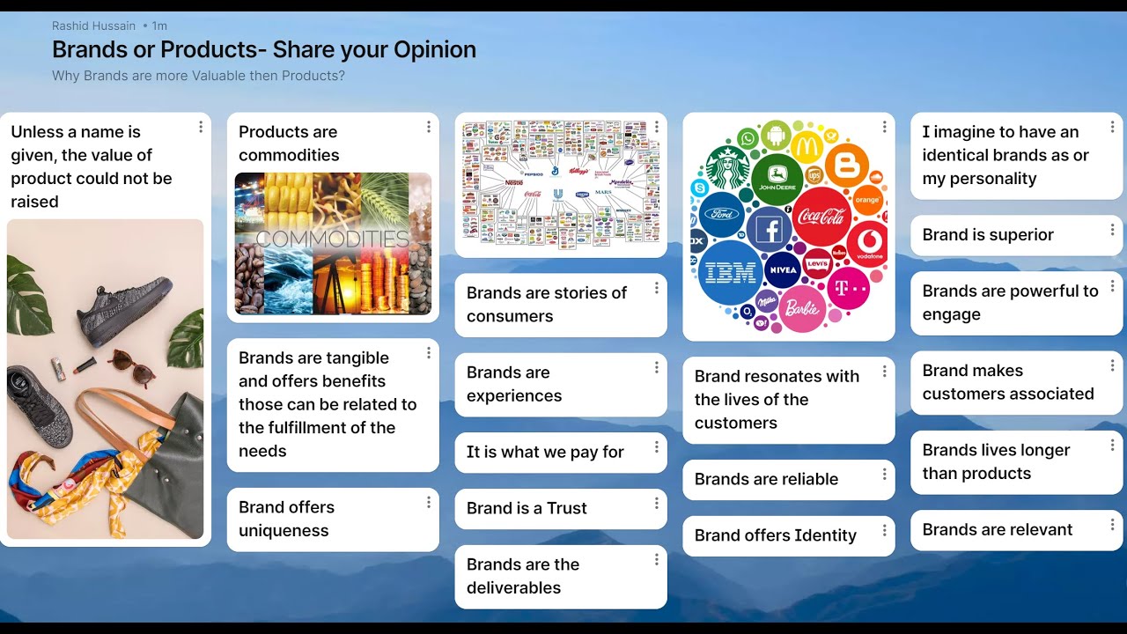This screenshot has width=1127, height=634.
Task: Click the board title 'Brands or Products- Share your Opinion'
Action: (x=264, y=49)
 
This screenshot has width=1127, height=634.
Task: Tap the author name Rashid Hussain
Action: (x=93, y=26)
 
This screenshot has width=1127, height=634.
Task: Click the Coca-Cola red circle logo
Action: (x=821, y=215)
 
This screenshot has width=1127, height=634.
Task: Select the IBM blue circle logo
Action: (x=731, y=272)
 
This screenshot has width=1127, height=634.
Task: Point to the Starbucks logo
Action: (x=726, y=167)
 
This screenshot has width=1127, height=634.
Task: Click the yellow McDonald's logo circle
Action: (x=807, y=145)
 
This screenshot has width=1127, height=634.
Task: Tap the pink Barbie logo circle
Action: (x=801, y=309)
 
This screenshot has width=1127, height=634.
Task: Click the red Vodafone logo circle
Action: (x=867, y=243)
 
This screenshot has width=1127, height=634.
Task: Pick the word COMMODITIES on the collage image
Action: (x=332, y=240)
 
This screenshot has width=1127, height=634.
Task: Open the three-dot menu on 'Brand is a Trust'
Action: (x=656, y=504)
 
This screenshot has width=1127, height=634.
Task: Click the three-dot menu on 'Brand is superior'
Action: (x=1112, y=231)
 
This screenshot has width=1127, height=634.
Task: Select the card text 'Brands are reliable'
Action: (x=766, y=479)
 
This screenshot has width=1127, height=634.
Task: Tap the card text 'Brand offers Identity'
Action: (x=775, y=535)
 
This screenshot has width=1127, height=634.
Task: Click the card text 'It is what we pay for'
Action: (x=545, y=452)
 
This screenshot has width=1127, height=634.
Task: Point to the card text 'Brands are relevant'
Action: (x=997, y=529)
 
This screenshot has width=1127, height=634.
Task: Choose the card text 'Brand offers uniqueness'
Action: (x=286, y=519)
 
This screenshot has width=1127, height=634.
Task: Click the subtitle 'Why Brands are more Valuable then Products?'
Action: (x=198, y=76)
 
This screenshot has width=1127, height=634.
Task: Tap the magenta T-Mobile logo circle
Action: (x=848, y=288)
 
